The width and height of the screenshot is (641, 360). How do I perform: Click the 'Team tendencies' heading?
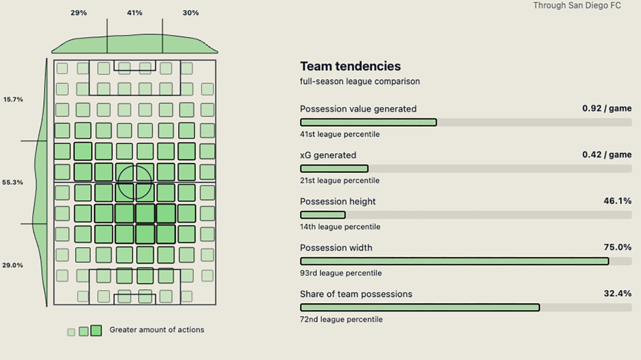[350, 66]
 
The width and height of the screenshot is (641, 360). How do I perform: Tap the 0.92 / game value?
[607, 108]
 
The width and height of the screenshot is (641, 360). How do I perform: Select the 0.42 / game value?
[607, 155]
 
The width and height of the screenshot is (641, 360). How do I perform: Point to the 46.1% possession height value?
[617, 201]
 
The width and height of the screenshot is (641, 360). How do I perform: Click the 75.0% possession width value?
[617, 247]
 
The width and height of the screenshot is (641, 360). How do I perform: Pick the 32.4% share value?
[617, 294]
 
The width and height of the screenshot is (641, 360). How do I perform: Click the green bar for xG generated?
[334, 169]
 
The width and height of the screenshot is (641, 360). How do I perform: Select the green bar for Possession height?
[323, 215]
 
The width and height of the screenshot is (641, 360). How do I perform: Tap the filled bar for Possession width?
[455, 261]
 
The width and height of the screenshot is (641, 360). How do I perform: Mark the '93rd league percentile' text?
[341, 273]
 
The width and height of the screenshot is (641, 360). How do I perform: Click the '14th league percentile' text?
[340, 227]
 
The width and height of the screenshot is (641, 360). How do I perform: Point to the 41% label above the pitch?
[135, 13]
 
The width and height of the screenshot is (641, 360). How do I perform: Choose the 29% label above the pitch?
[79, 13]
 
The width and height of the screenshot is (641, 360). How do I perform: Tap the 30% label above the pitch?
[191, 13]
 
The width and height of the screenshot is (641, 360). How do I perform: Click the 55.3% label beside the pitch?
[13, 182]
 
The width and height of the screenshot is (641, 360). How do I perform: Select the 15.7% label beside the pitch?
[13, 99]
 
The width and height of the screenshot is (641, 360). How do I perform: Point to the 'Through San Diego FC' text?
[577, 5]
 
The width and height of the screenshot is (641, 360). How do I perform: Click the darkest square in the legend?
[96, 331]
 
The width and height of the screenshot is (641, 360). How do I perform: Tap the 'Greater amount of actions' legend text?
[157, 330]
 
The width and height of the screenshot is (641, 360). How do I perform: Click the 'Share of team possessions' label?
[356, 294]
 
